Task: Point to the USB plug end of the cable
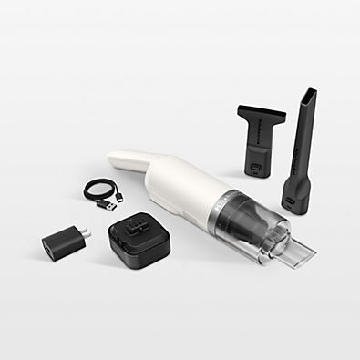click(113, 204)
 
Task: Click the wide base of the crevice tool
click(295, 195)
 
